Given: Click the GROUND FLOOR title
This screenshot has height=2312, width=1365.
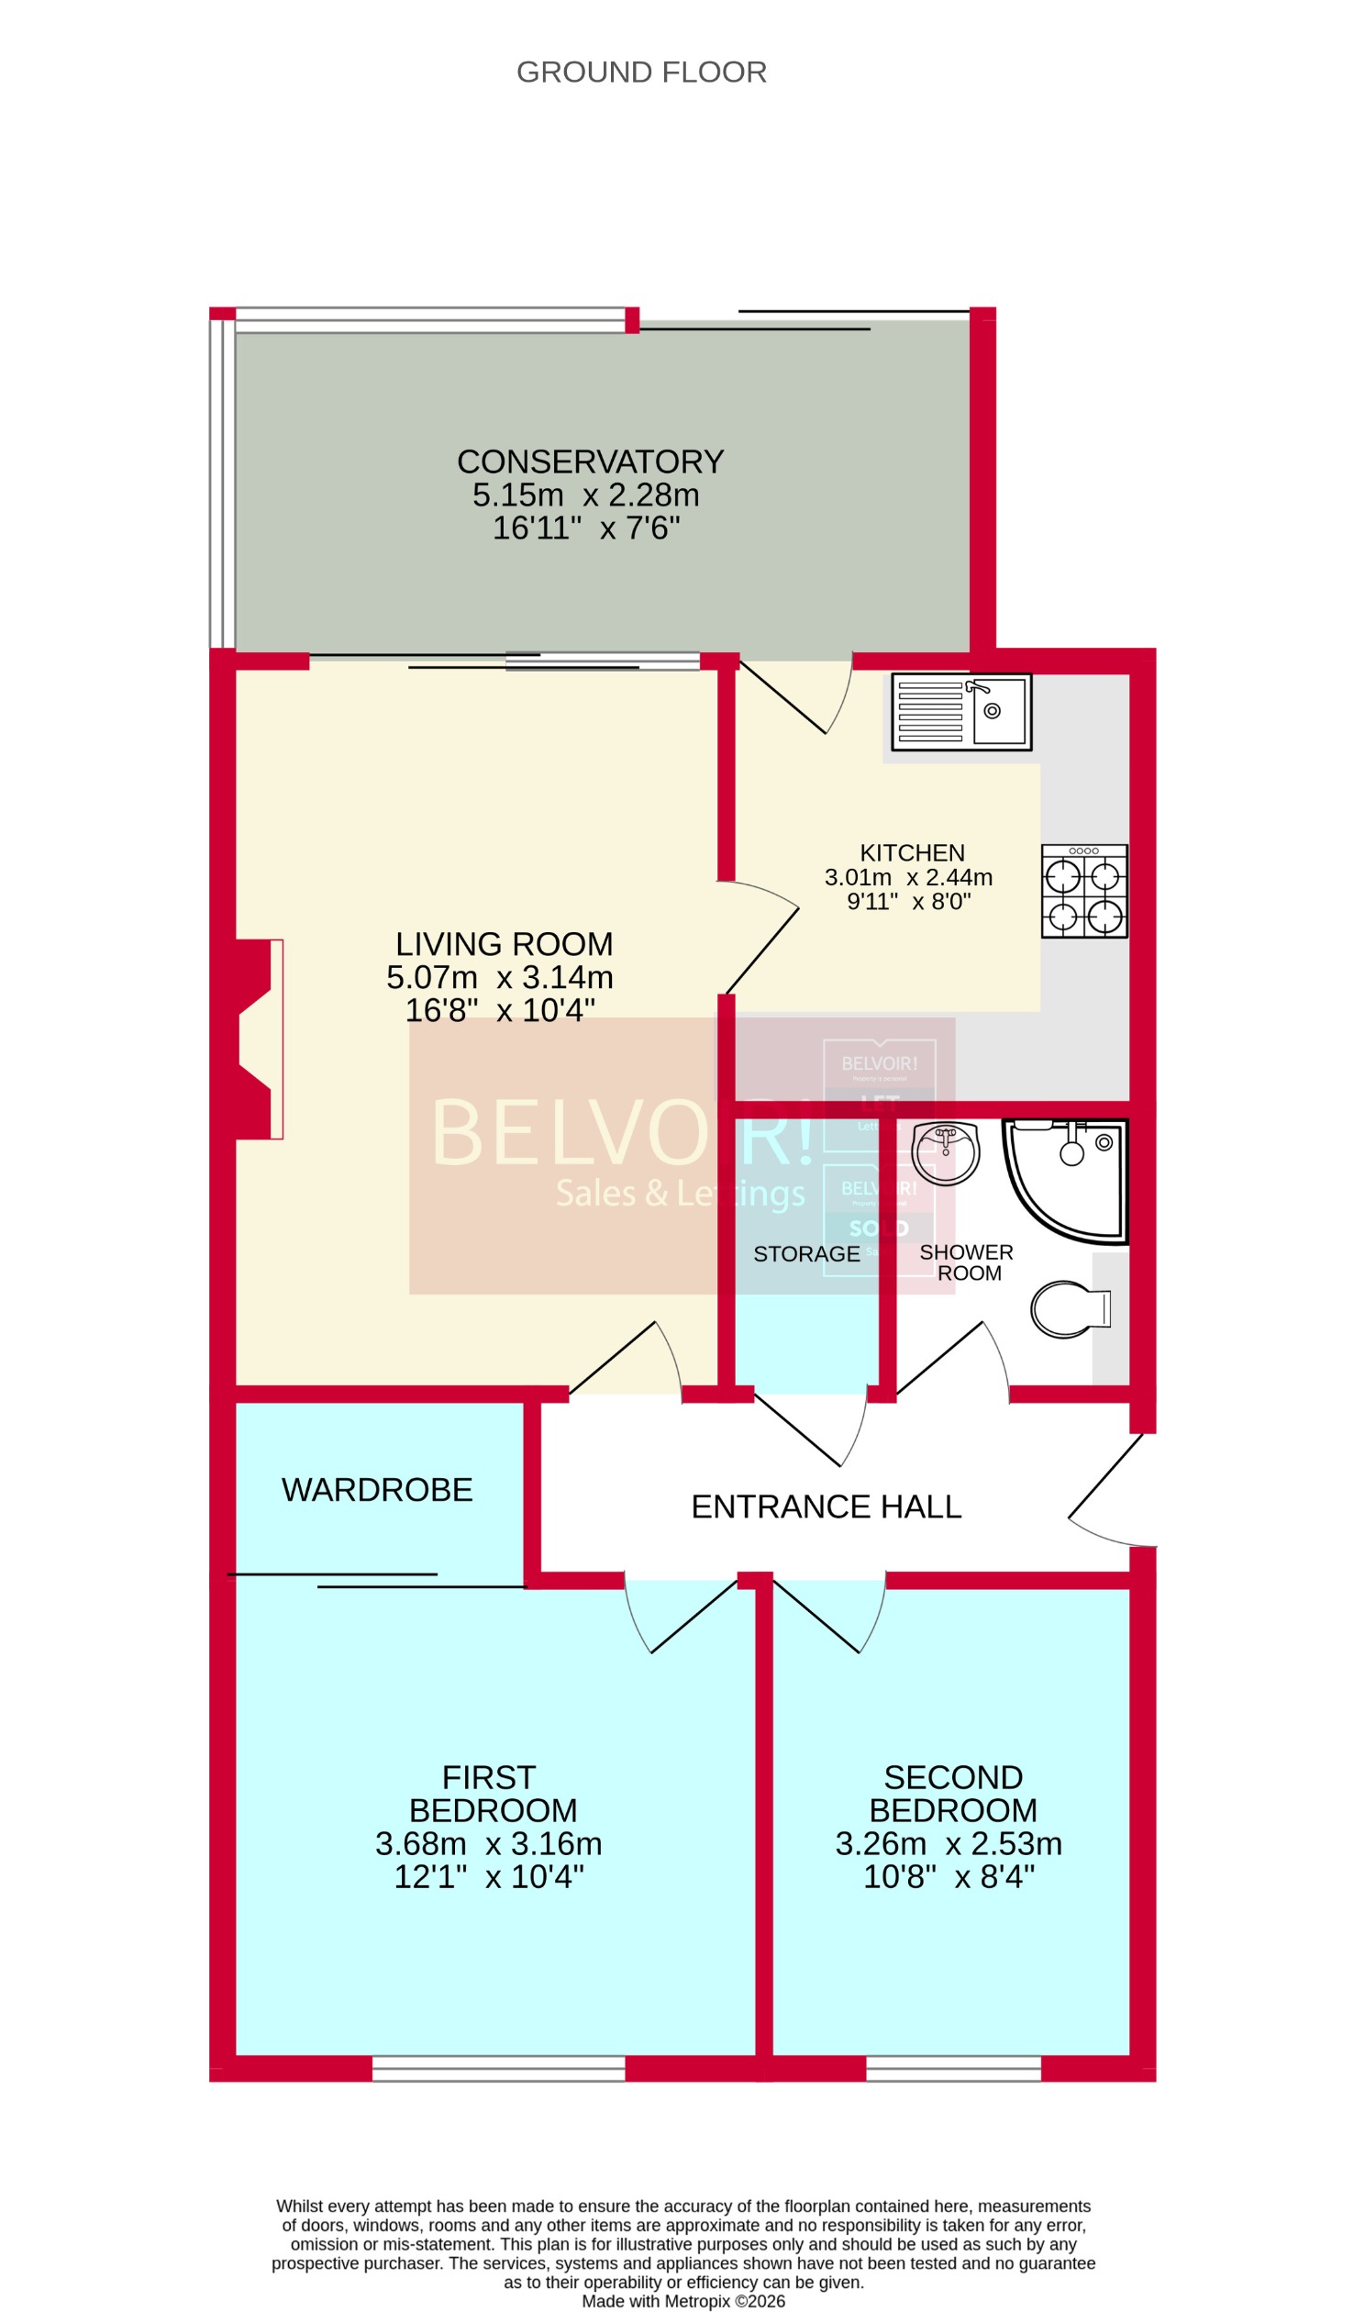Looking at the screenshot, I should [641, 72].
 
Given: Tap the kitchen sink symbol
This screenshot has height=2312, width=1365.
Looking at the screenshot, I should [960, 713].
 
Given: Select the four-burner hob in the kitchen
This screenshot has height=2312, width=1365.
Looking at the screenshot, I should [1083, 891].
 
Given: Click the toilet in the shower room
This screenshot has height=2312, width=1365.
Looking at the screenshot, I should [1069, 1308].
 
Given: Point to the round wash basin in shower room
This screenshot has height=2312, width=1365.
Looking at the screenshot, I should [945, 1152].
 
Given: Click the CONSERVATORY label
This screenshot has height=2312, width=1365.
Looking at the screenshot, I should [590, 461].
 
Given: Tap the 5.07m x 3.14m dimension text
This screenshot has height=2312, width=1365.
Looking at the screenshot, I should [499, 977].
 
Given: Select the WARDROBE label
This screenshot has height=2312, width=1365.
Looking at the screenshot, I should [377, 1490].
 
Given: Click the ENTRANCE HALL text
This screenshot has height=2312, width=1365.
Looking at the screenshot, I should [825, 1506].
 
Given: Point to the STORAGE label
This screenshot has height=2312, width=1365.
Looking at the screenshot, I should [805, 1254].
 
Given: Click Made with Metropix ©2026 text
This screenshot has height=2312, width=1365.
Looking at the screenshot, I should [682, 2301].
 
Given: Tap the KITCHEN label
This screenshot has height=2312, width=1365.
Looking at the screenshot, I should [912, 852].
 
